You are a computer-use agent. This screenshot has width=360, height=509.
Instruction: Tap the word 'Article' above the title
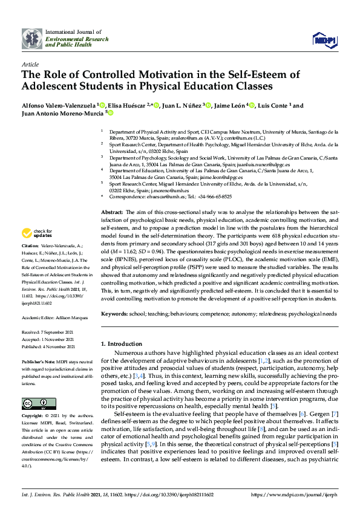[x=30, y=63]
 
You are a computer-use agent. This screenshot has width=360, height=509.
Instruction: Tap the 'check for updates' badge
[x=36, y=233]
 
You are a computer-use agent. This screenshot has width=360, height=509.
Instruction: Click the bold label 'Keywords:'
[x=114, y=314]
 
